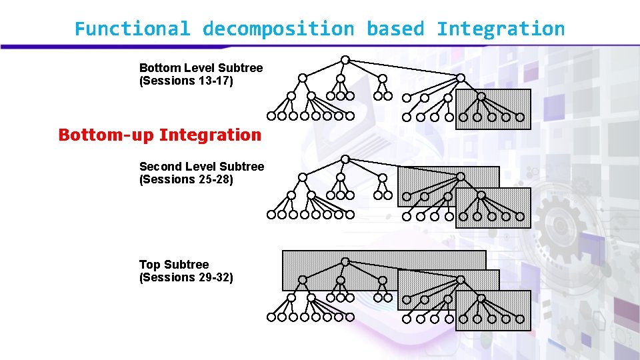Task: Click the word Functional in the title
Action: pos(132,29)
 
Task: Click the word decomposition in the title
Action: pos(278,29)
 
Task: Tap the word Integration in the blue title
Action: pos(501,29)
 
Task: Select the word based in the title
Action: pos(395,29)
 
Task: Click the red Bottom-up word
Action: pos(105,135)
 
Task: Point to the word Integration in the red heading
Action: pos(210,135)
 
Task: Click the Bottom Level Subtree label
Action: pos(201,68)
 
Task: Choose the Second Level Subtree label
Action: pos(201,166)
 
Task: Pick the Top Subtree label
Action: pos(174,265)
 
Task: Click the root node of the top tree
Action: pos(345,60)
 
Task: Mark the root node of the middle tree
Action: pos(345,159)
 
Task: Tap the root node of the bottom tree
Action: pos(345,261)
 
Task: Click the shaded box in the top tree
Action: pos(493,109)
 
